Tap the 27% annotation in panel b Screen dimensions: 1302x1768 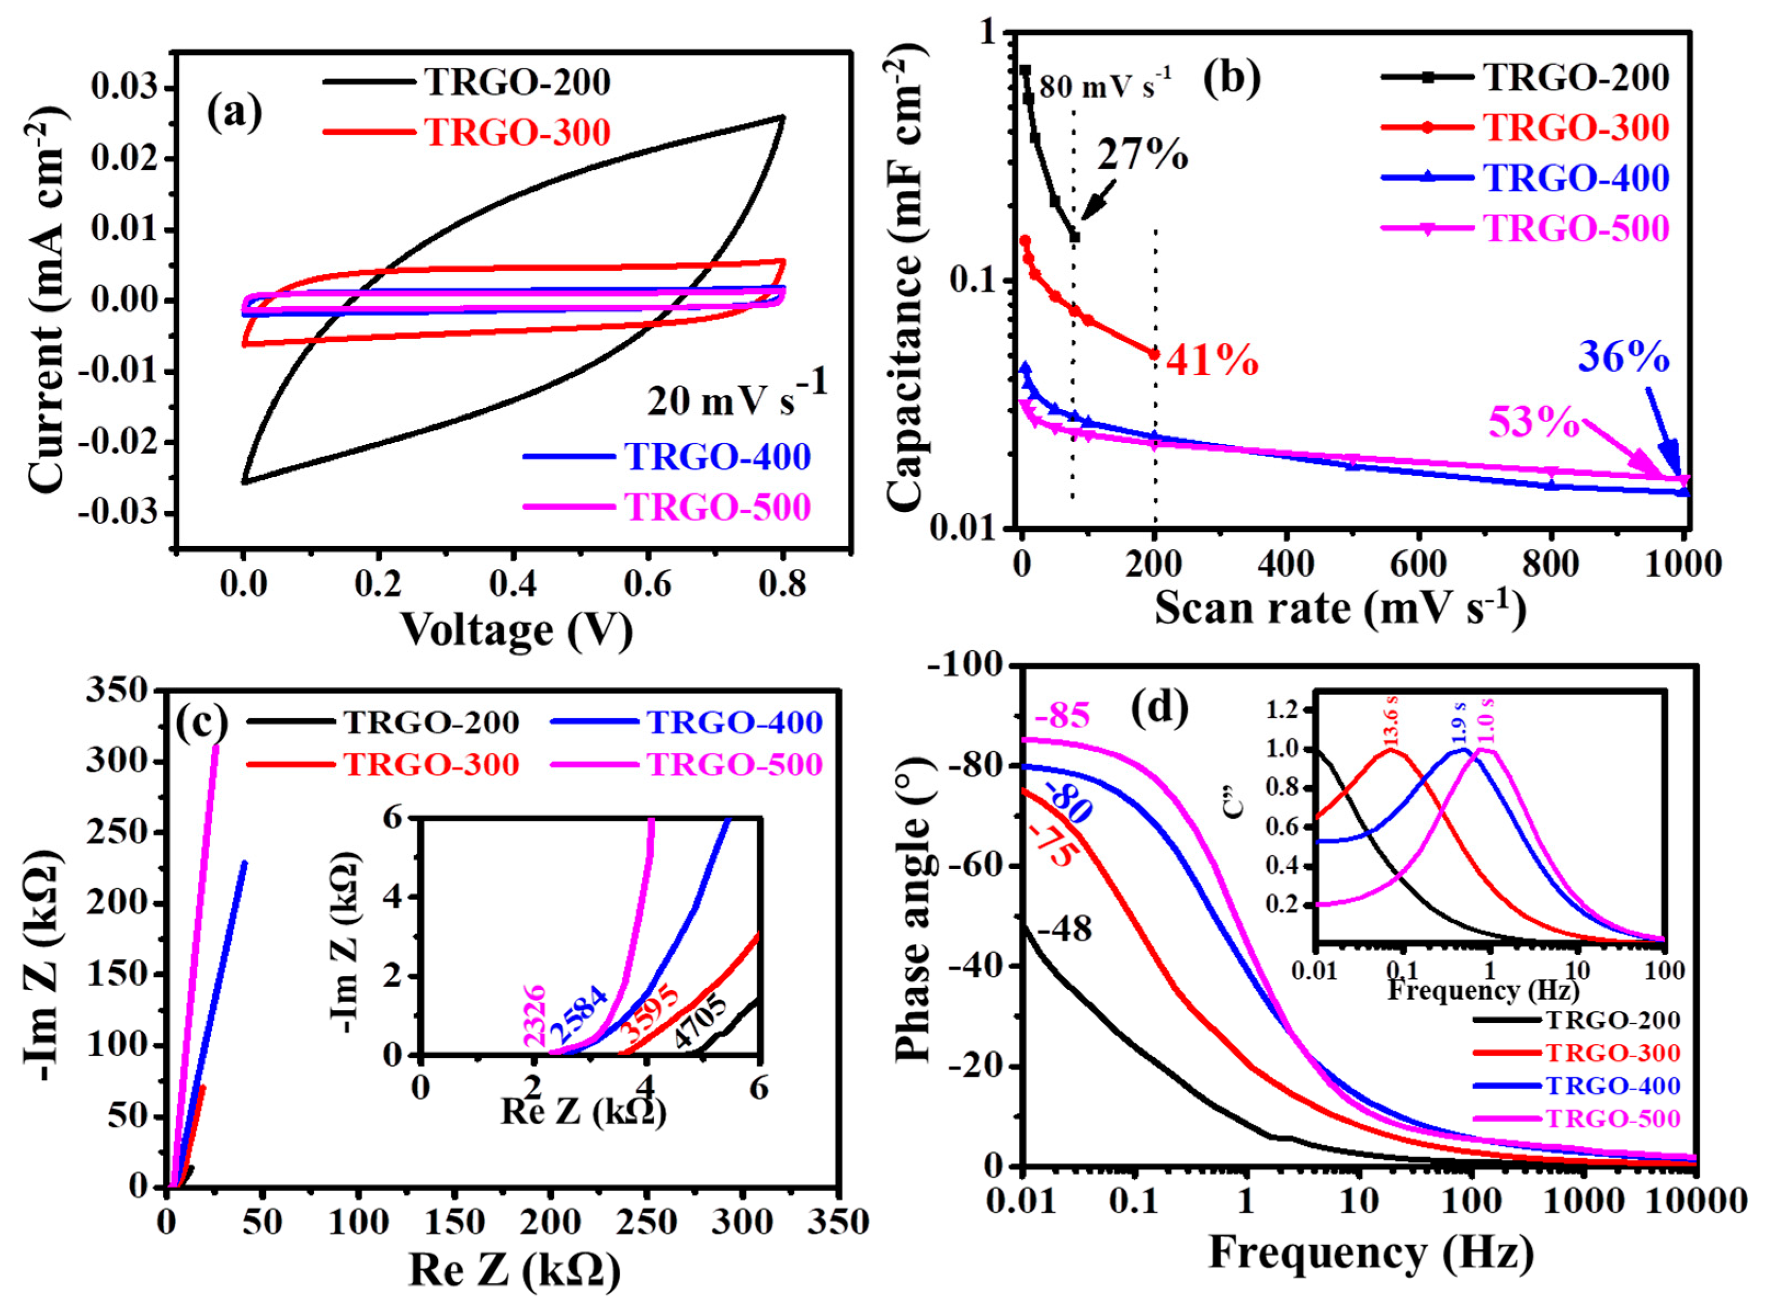(x=1142, y=155)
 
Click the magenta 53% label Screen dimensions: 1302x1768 (x=1532, y=423)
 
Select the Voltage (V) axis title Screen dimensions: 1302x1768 (x=517, y=629)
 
